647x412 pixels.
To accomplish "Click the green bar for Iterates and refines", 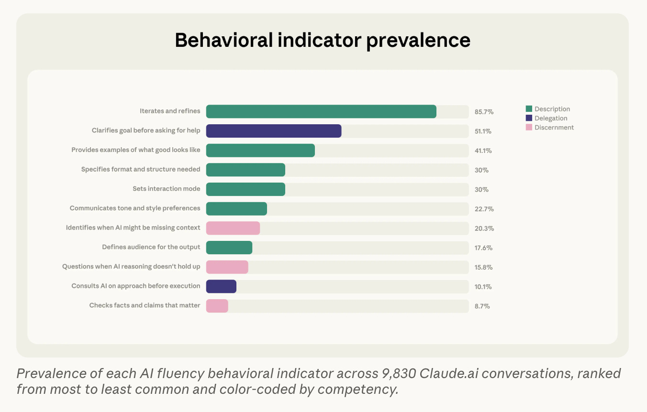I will (321, 111).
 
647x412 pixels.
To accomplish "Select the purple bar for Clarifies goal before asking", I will (274, 131).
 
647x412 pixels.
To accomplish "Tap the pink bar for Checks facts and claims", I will (217, 306).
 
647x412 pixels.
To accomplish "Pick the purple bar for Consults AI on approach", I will (221, 286).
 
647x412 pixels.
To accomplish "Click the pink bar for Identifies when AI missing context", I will (233, 228).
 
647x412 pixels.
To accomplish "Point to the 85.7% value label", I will (484, 112).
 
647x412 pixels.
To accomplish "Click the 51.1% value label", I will (483, 131).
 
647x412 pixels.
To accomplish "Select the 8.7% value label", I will (482, 306).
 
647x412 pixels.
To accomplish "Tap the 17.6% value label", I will (483, 248).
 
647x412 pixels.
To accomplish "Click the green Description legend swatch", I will (529, 109).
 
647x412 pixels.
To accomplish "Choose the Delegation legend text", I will (551, 119).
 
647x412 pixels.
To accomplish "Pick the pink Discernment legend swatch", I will (529, 128).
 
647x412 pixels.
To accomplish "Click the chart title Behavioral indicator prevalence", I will (323, 40).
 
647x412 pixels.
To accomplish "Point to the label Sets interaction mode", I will (167, 189).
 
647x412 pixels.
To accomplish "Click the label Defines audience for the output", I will (151, 247).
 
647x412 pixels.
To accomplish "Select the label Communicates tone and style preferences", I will (135, 208).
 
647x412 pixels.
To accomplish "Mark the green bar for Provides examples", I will (260, 150).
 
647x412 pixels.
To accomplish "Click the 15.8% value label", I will (483, 268).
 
